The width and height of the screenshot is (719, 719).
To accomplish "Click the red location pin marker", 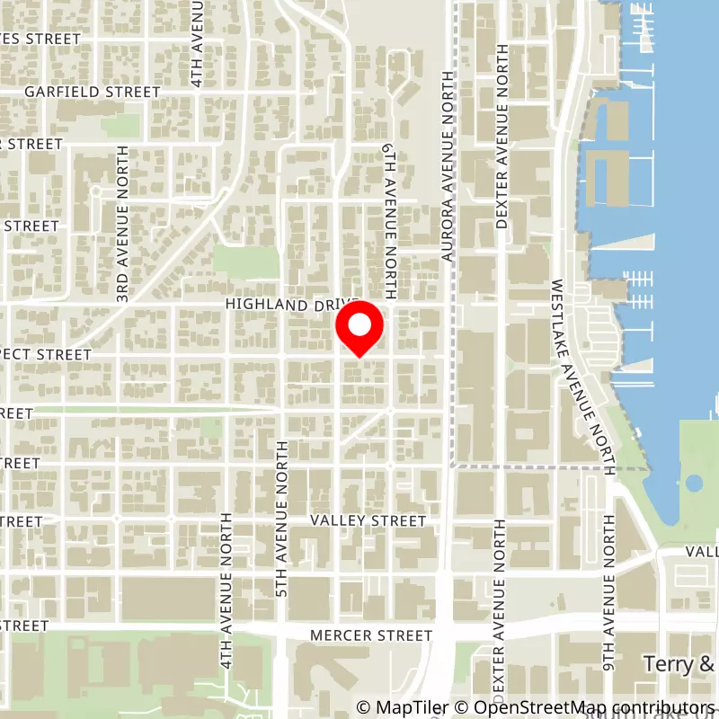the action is [359, 329].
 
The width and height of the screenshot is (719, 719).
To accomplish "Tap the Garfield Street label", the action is [93, 92].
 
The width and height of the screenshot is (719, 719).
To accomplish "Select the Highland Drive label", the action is [292, 306].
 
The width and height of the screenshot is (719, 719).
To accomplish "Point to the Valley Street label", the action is [368, 521].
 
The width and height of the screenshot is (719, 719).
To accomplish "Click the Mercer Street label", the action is [370, 635].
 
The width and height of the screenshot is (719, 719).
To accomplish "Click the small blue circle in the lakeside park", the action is [694, 484].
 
